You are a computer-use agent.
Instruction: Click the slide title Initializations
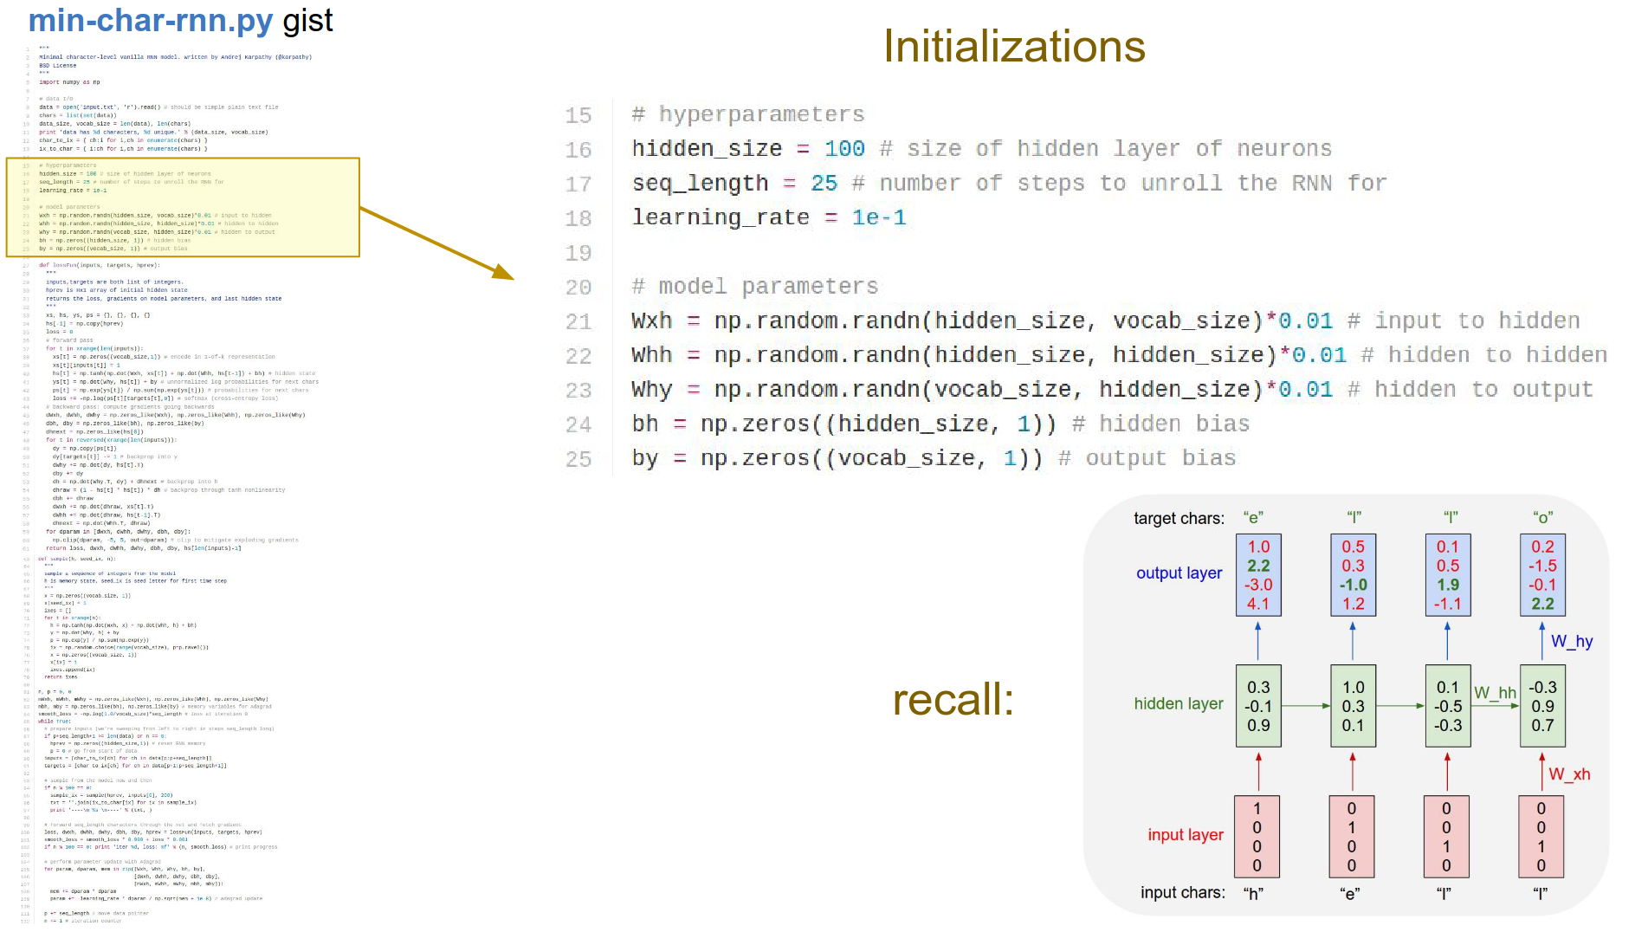click(x=1013, y=47)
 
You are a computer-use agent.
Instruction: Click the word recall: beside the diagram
click(x=953, y=700)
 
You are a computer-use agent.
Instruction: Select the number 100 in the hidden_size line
click(x=844, y=149)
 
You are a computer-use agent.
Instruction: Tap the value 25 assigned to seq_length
click(x=824, y=184)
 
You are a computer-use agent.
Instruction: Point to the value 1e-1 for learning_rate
click(x=879, y=217)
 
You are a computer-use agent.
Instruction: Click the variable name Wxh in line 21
click(x=651, y=321)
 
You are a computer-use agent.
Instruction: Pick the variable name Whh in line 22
click(x=651, y=355)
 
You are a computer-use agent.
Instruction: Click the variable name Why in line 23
click(x=651, y=390)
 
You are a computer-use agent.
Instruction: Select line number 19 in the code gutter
click(x=578, y=253)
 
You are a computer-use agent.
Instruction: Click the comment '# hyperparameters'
click(x=748, y=114)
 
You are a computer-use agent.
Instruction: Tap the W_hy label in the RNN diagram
click(x=1572, y=642)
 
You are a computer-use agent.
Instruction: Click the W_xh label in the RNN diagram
click(x=1569, y=774)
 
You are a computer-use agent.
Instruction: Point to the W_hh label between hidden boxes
click(x=1495, y=693)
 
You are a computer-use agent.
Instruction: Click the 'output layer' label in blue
click(x=1179, y=573)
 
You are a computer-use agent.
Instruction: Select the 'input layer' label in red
click(x=1185, y=835)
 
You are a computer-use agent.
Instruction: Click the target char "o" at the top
click(x=1542, y=518)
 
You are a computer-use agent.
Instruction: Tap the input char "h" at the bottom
click(x=1254, y=894)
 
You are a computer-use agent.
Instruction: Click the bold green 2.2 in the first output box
click(x=1258, y=566)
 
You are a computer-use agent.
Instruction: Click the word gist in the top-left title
click(x=307, y=21)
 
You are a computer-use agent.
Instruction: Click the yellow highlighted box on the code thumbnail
click(x=183, y=207)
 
